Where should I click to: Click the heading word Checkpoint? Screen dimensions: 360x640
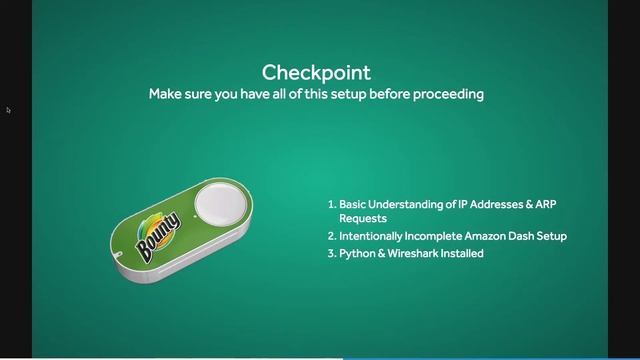pyautogui.click(x=316, y=72)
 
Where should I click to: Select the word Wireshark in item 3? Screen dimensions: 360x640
pyautogui.click(x=409, y=254)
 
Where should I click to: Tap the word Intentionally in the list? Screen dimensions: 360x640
pyautogui.click(x=372, y=236)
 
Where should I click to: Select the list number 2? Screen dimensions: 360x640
pyautogui.click(x=331, y=236)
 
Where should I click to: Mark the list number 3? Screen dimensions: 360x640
pyautogui.click(x=331, y=254)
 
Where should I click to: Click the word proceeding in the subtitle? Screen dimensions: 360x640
pyautogui.click(x=450, y=94)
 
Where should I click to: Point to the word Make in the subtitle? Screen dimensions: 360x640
pyautogui.click(x=165, y=94)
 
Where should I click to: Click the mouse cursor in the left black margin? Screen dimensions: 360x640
pyautogui.click(x=8, y=110)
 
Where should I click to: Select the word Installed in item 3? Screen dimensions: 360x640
pyautogui.click(x=460, y=254)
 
